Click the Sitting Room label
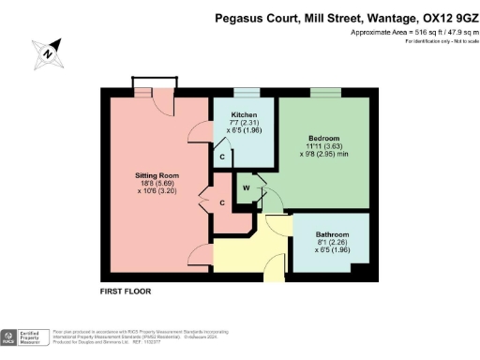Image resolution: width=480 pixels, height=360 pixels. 157,174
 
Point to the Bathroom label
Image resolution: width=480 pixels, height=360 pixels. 332,233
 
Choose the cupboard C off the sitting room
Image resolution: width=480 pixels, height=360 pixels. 222,202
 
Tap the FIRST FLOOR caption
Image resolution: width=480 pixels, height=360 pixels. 125,292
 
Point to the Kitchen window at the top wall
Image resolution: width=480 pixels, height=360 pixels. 247,91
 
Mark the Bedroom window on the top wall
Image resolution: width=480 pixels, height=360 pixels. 325,91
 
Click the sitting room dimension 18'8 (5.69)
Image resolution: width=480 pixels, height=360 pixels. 157,185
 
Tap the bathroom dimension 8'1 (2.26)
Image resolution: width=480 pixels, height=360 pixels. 332,243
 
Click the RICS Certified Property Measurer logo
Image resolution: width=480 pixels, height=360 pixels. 22,337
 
